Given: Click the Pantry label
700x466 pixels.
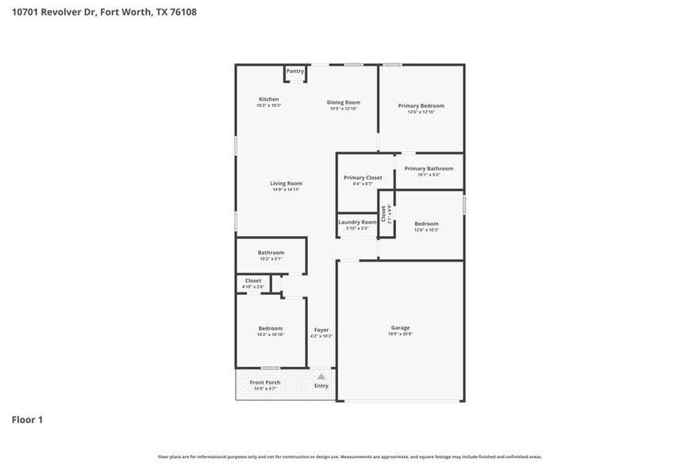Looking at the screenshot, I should pyautogui.click(x=295, y=71).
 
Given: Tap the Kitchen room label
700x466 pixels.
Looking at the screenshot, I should pyautogui.click(x=268, y=99).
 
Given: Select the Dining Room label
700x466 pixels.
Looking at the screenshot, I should pyautogui.click(x=344, y=102).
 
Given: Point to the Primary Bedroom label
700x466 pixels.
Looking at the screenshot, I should pyautogui.click(x=421, y=105).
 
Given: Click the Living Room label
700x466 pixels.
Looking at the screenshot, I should pyautogui.click(x=286, y=183).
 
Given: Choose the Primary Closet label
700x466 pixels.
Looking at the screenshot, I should pyautogui.click(x=363, y=178).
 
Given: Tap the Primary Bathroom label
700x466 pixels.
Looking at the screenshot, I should pyautogui.click(x=429, y=168).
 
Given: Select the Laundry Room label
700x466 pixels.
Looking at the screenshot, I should pyautogui.click(x=357, y=222).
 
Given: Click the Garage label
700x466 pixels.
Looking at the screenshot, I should pyautogui.click(x=400, y=327).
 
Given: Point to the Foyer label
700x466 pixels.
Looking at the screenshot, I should pyautogui.click(x=321, y=330).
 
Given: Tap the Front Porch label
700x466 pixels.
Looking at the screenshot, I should pyautogui.click(x=265, y=382).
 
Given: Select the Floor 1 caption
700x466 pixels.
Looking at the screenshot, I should pyautogui.click(x=27, y=419).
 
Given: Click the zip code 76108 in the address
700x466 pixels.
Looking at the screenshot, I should pyautogui.click(x=182, y=12).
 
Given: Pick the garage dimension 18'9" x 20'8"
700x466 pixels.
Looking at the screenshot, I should pyautogui.click(x=400, y=334).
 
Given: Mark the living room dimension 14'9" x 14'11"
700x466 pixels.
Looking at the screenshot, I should pyautogui.click(x=286, y=190).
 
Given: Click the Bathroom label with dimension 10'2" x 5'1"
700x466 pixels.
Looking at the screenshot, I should pyautogui.click(x=271, y=253).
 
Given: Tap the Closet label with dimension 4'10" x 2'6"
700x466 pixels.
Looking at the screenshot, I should pyautogui.click(x=253, y=281).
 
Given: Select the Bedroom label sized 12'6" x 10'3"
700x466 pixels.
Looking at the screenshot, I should pyautogui.click(x=426, y=223).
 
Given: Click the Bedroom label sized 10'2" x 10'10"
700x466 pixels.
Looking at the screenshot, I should pyautogui.click(x=270, y=328).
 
